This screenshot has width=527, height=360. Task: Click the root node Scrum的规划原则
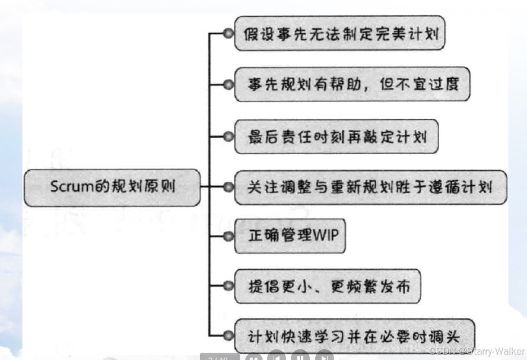(x=112, y=187)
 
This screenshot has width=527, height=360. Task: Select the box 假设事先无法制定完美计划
(x=340, y=33)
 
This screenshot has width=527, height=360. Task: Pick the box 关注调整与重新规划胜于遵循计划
(x=370, y=187)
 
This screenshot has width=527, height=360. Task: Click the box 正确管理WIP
(x=289, y=236)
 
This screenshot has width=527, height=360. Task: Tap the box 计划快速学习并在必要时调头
(x=354, y=336)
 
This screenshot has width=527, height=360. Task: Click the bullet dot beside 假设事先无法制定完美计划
(x=227, y=34)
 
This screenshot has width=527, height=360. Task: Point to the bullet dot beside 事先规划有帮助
(x=227, y=85)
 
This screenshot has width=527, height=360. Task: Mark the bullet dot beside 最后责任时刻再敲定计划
(x=227, y=136)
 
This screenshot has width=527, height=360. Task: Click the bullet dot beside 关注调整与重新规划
(x=227, y=187)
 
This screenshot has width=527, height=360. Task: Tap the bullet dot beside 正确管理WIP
(x=227, y=236)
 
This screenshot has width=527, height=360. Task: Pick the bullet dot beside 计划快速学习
(x=227, y=336)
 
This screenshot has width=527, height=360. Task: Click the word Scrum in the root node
(x=69, y=187)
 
